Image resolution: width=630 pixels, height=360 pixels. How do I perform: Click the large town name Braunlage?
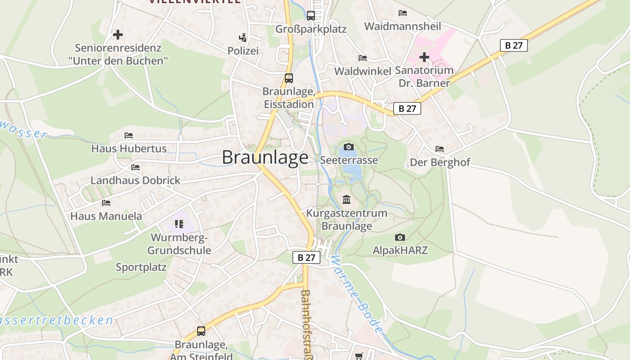[x=265, y=157]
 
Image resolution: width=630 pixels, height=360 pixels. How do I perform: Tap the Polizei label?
[x=243, y=51]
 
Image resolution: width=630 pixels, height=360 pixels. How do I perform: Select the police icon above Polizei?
[x=243, y=37]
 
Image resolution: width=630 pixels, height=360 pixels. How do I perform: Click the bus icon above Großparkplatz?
[x=310, y=16]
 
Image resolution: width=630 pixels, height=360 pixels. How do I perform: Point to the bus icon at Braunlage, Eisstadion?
[x=289, y=78]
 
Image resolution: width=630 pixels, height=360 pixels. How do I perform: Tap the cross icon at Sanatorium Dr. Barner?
[x=424, y=57]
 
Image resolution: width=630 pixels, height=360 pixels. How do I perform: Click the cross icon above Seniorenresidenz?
[x=118, y=34]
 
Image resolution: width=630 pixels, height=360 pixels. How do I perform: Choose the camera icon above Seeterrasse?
[x=348, y=147]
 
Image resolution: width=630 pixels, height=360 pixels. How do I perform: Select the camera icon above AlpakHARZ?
[x=400, y=237]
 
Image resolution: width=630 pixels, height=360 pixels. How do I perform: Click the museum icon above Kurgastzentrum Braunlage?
[x=346, y=199]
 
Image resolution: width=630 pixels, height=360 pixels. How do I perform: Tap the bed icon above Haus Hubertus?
[x=129, y=135]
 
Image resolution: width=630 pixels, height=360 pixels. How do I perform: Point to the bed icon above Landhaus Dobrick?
[x=135, y=167]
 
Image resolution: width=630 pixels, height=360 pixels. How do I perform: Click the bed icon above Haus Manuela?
[x=106, y=203]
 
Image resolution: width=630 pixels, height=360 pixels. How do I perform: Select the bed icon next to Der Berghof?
[x=440, y=149]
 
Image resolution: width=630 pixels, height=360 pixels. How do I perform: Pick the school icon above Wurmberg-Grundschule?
[x=179, y=224]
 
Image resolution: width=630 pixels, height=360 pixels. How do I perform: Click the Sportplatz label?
[x=141, y=267]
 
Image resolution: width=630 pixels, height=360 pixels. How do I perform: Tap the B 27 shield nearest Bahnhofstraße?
[x=306, y=257]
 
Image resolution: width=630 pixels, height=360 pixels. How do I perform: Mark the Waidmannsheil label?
[x=402, y=26]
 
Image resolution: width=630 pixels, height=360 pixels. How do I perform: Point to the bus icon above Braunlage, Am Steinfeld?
[x=201, y=331]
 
